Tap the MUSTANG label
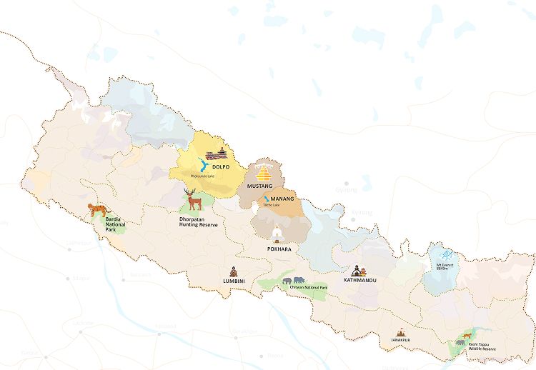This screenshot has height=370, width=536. point(259,186)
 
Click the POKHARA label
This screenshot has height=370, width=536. point(279,249)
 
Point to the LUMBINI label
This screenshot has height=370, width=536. point(233,281)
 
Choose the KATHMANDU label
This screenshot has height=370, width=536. point(359,280)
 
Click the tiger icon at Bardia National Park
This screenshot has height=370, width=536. point(95,209)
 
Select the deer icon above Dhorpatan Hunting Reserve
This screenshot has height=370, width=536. point(192,199)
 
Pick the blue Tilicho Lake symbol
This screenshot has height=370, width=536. point(266,198)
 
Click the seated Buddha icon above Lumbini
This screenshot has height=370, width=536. point(233,271)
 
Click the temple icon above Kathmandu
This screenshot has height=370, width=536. point(359,269)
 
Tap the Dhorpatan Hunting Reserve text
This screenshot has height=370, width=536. point(198,219)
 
